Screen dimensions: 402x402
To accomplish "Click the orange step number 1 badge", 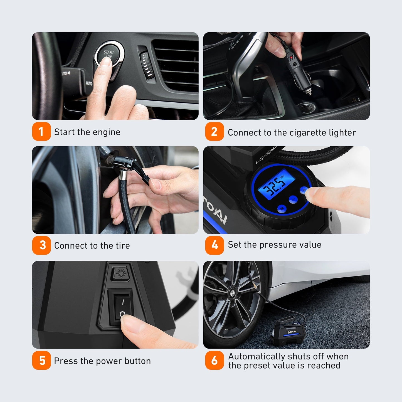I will point(41,132).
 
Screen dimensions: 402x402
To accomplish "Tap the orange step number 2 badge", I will point(214,132).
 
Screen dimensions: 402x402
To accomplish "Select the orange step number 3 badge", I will point(41,245).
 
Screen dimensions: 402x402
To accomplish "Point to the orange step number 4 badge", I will point(214,245).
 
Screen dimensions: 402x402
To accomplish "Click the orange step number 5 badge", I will point(41,361).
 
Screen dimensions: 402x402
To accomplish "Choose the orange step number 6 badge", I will point(214,361).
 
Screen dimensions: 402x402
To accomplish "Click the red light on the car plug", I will point(291,57).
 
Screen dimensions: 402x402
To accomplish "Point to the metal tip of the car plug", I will point(309,92).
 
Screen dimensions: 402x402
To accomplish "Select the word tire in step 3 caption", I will point(123,246).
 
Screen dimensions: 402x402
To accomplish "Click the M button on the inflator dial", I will point(282,208).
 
